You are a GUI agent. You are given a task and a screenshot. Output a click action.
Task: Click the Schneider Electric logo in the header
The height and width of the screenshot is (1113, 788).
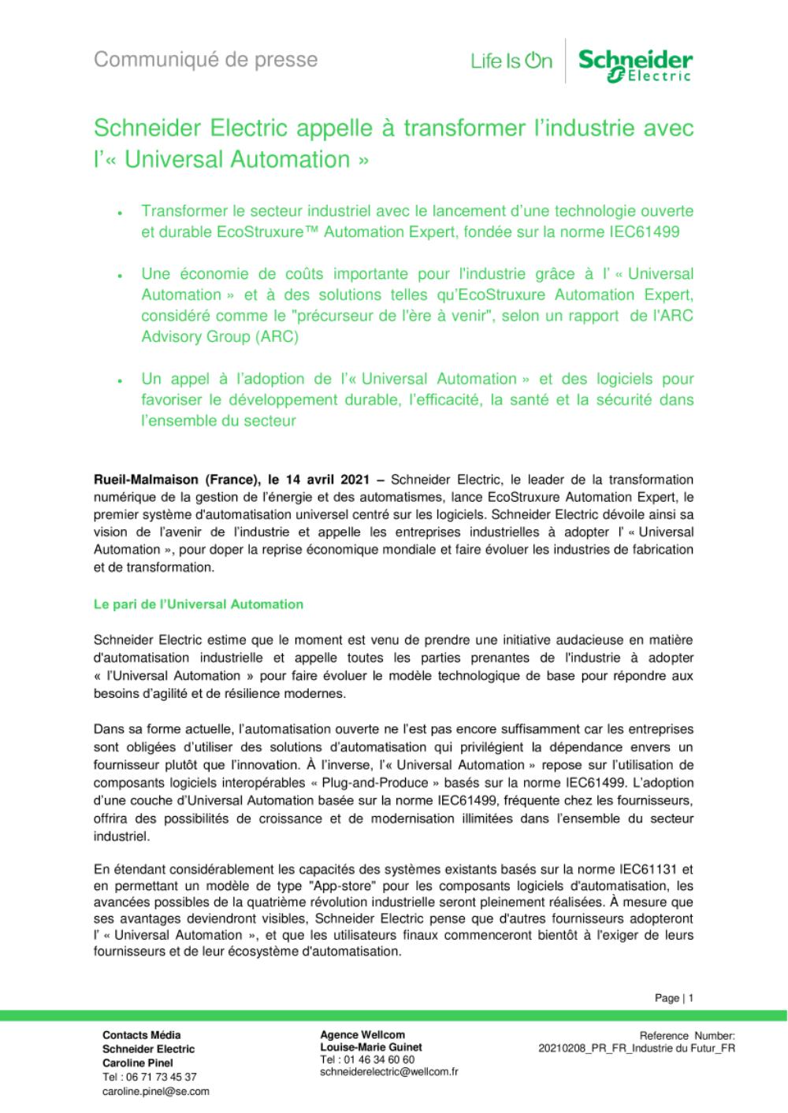pos(635,64)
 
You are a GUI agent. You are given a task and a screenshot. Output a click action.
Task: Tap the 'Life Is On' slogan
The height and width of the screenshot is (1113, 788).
pos(511,61)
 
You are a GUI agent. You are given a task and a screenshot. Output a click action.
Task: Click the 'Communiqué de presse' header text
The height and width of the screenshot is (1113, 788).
pos(206,60)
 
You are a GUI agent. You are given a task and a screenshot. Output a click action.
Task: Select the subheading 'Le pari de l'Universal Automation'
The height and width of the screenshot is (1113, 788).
pos(198,604)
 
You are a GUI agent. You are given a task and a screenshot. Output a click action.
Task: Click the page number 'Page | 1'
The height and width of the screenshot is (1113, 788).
pos(674,998)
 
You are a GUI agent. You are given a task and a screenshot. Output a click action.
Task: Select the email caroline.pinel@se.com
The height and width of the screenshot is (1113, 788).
pos(155,1091)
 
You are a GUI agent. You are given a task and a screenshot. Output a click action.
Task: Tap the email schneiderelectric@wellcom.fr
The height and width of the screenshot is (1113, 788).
pos(389,1071)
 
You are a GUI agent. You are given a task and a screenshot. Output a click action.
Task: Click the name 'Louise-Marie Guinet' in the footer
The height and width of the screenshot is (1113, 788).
pos(371,1047)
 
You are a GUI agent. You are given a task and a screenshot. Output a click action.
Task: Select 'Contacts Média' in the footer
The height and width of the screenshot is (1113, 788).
pos(141,1034)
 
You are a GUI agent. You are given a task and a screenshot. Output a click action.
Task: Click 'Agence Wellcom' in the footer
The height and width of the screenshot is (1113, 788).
pos(362,1034)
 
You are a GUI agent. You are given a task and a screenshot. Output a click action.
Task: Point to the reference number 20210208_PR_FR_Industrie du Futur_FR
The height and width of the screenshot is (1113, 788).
pos(637,1048)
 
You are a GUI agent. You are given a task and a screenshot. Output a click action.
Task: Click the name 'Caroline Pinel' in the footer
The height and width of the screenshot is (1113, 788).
pos(138,1063)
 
